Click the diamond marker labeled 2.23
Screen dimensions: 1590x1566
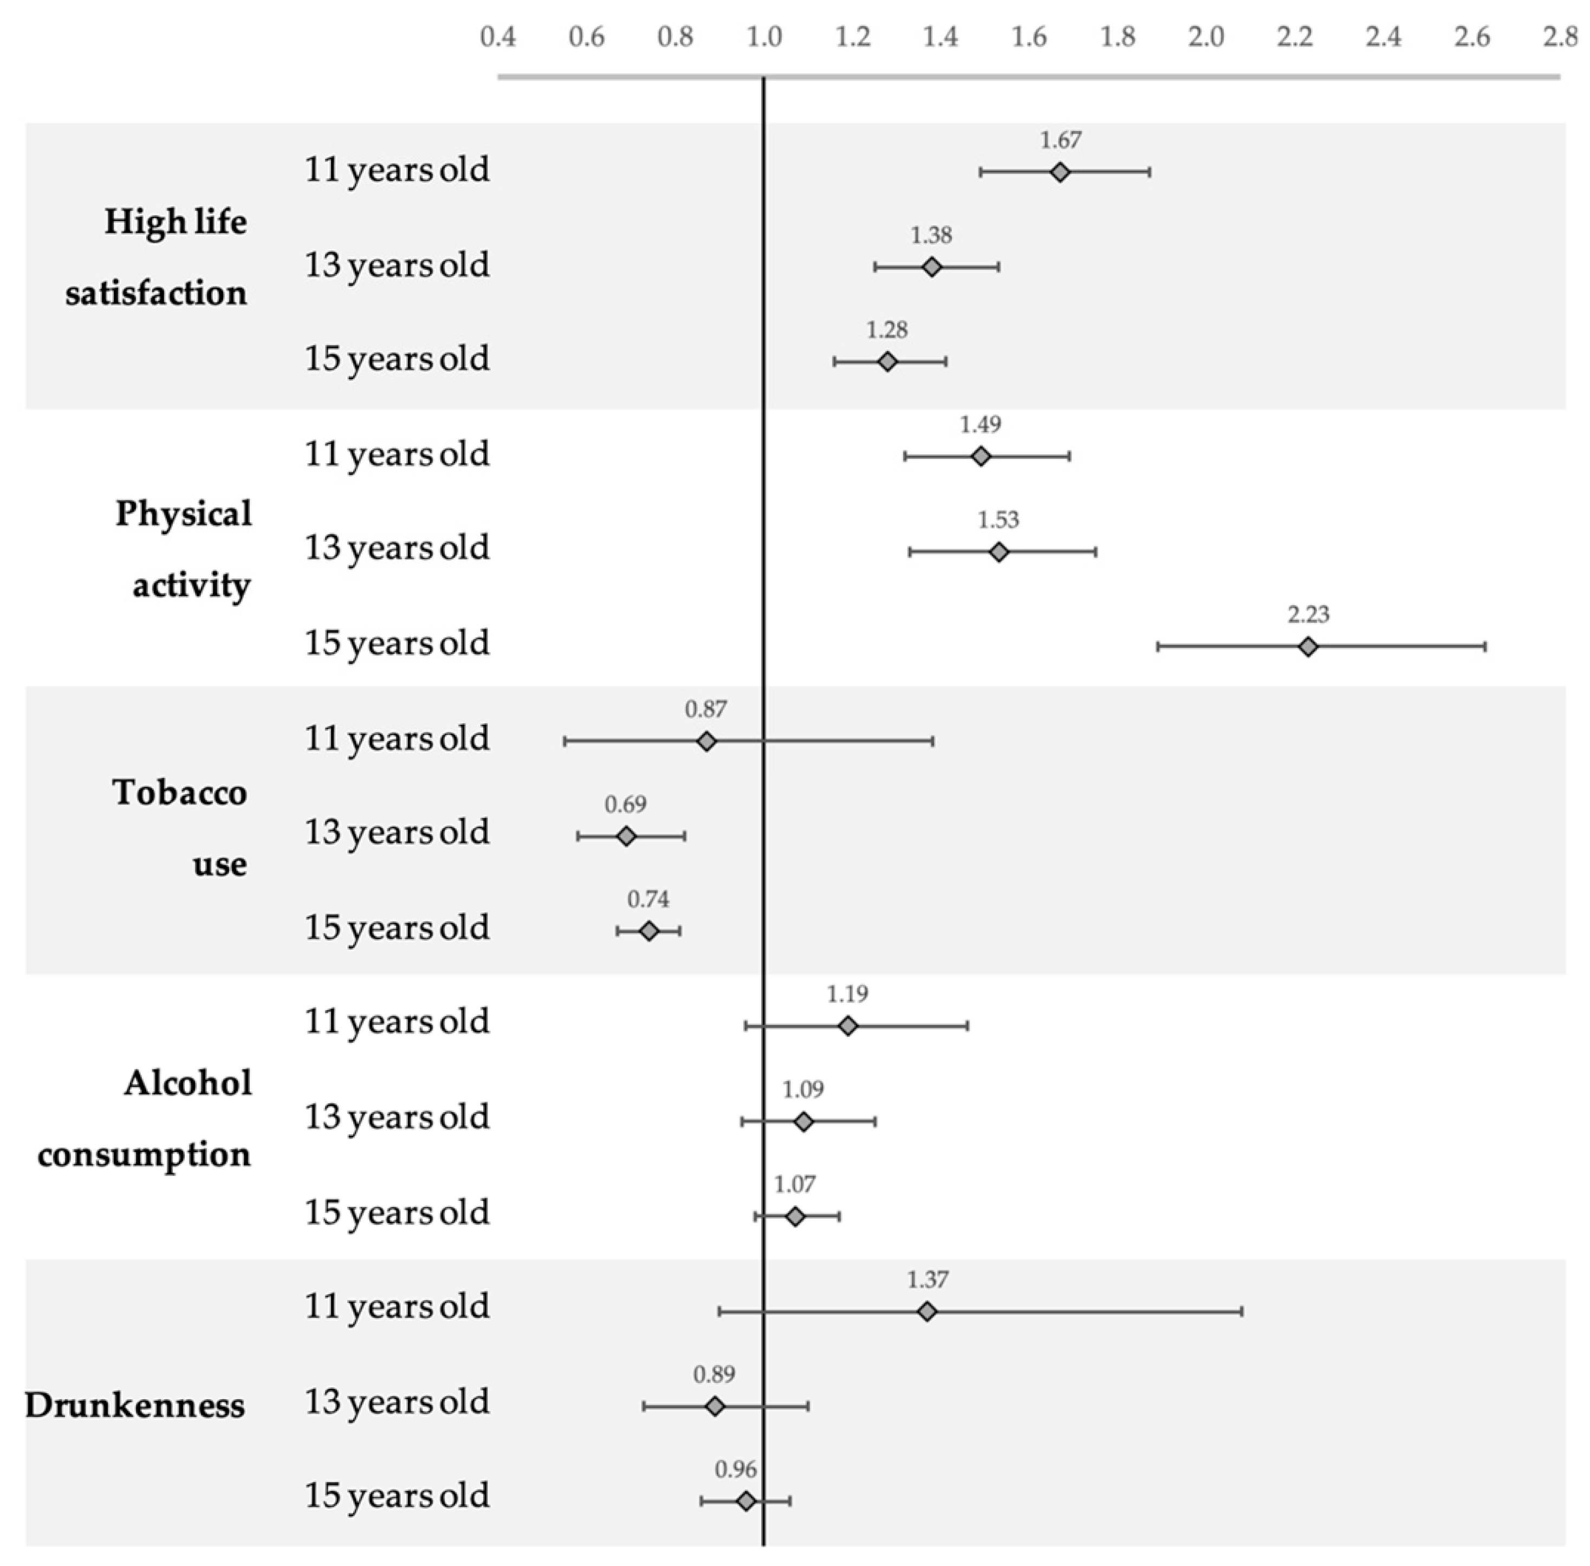pos(1308,646)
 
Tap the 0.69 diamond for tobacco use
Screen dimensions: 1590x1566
pos(626,836)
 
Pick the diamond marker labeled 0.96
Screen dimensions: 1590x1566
pos(746,1501)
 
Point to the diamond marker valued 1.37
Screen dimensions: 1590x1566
pos(927,1311)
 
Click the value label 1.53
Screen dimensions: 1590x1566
pos(998,520)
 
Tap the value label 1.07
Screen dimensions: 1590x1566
pos(795,1184)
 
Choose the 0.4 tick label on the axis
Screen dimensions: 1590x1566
pos(498,37)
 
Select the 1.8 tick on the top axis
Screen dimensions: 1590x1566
pos(1118,37)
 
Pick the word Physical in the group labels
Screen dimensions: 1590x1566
pos(184,514)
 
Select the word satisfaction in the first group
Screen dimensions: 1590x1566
pos(156,293)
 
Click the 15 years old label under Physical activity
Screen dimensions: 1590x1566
pos(397,643)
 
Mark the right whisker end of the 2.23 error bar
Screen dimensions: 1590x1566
pos(1485,646)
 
